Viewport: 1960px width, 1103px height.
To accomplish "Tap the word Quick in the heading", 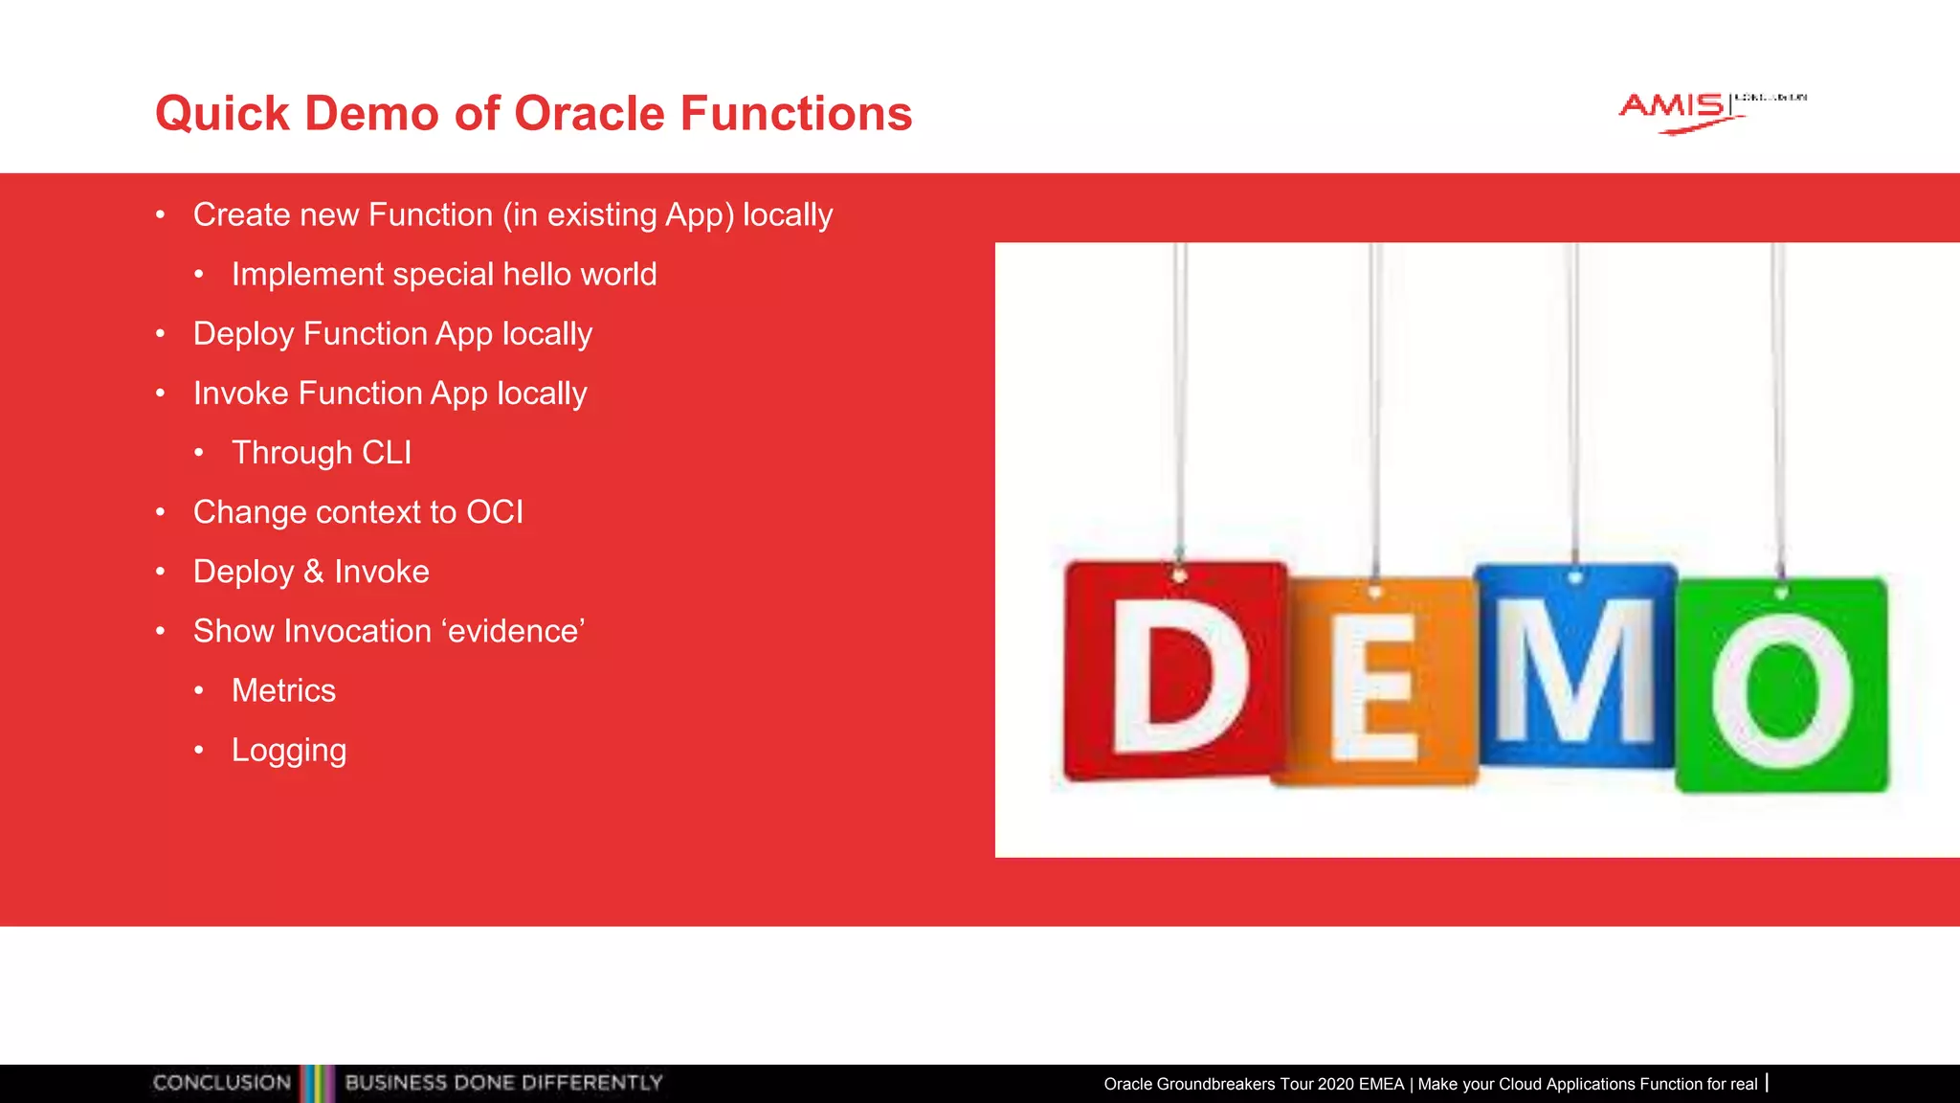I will [222, 113].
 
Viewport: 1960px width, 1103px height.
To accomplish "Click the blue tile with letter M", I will [1574, 668].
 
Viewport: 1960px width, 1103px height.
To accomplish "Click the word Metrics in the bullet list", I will [283, 690].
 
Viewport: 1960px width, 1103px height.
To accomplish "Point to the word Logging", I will [288, 751].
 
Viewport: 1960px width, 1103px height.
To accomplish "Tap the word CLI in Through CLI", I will [387, 453].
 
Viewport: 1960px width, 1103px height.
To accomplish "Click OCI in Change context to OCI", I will [494, 512].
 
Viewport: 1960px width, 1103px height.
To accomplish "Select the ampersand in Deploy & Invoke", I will [314, 573].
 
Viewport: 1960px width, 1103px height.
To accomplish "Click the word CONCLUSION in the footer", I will [222, 1083].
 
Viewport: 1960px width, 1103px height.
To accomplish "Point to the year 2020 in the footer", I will [1335, 1084].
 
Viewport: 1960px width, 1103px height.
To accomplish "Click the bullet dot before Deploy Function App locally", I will [161, 334].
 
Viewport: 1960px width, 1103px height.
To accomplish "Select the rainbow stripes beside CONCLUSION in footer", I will [318, 1083].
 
